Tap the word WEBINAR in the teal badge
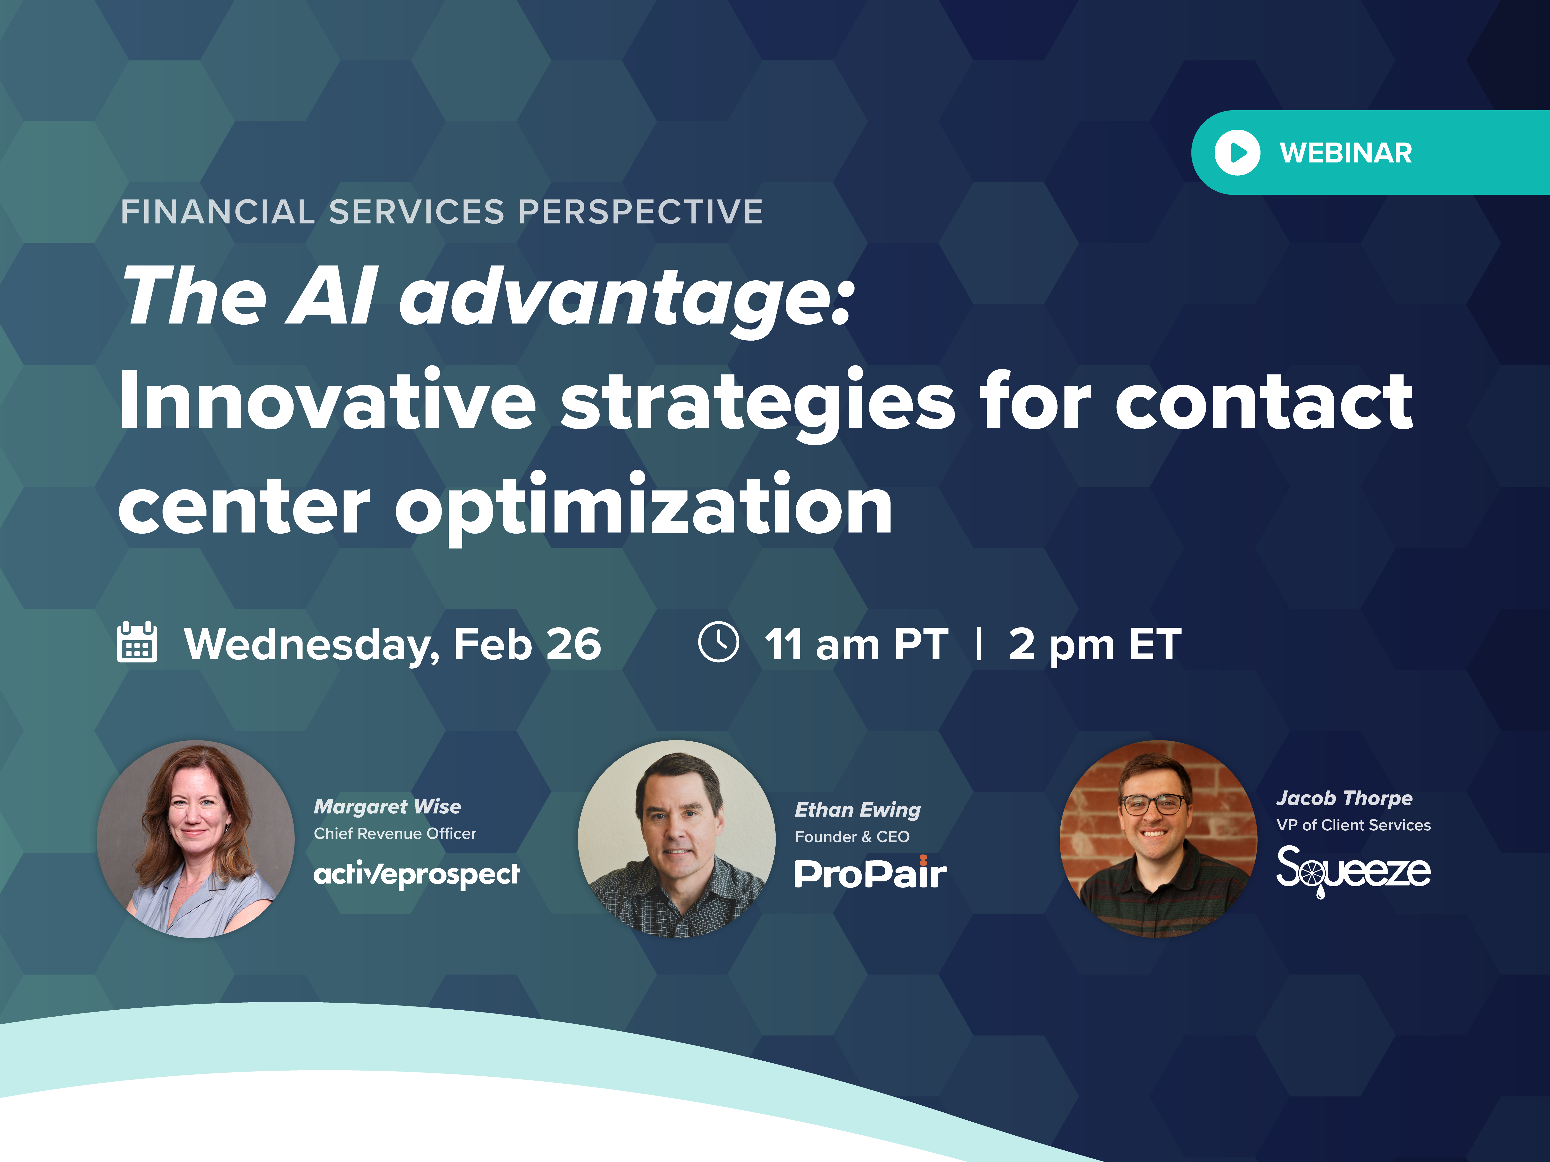pyautogui.click(x=1345, y=153)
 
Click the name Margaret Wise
pyautogui.click(x=388, y=807)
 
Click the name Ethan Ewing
pyautogui.click(x=858, y=810)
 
